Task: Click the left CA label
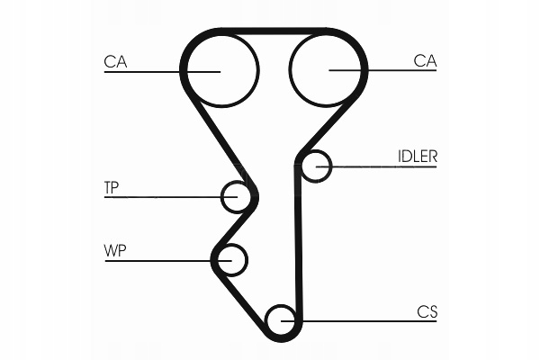point(114,61)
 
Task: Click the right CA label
point(425,61)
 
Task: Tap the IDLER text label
point(418,156)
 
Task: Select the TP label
point(112,187)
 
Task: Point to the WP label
point(113,250)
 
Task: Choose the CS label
point(427,311)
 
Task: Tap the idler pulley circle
point(316,166)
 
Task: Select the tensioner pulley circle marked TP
point(237,196)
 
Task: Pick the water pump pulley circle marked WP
point(230,260)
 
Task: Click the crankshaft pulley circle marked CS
point(283,319)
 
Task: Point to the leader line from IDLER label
point(387,166)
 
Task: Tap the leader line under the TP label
point(162,197)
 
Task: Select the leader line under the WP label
point(162,261)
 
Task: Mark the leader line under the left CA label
point(153,71)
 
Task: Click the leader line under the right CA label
point(387,71)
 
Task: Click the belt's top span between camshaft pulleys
point(274,32)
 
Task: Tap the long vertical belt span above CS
point(298,243)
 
